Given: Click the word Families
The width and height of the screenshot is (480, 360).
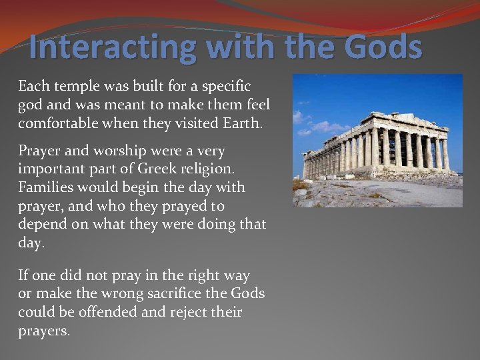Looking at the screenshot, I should (x=45, y=188).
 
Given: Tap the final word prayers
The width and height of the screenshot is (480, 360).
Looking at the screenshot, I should (x=43, y=331).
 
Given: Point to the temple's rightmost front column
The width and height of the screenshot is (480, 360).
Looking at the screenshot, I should (x=445, y=153).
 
